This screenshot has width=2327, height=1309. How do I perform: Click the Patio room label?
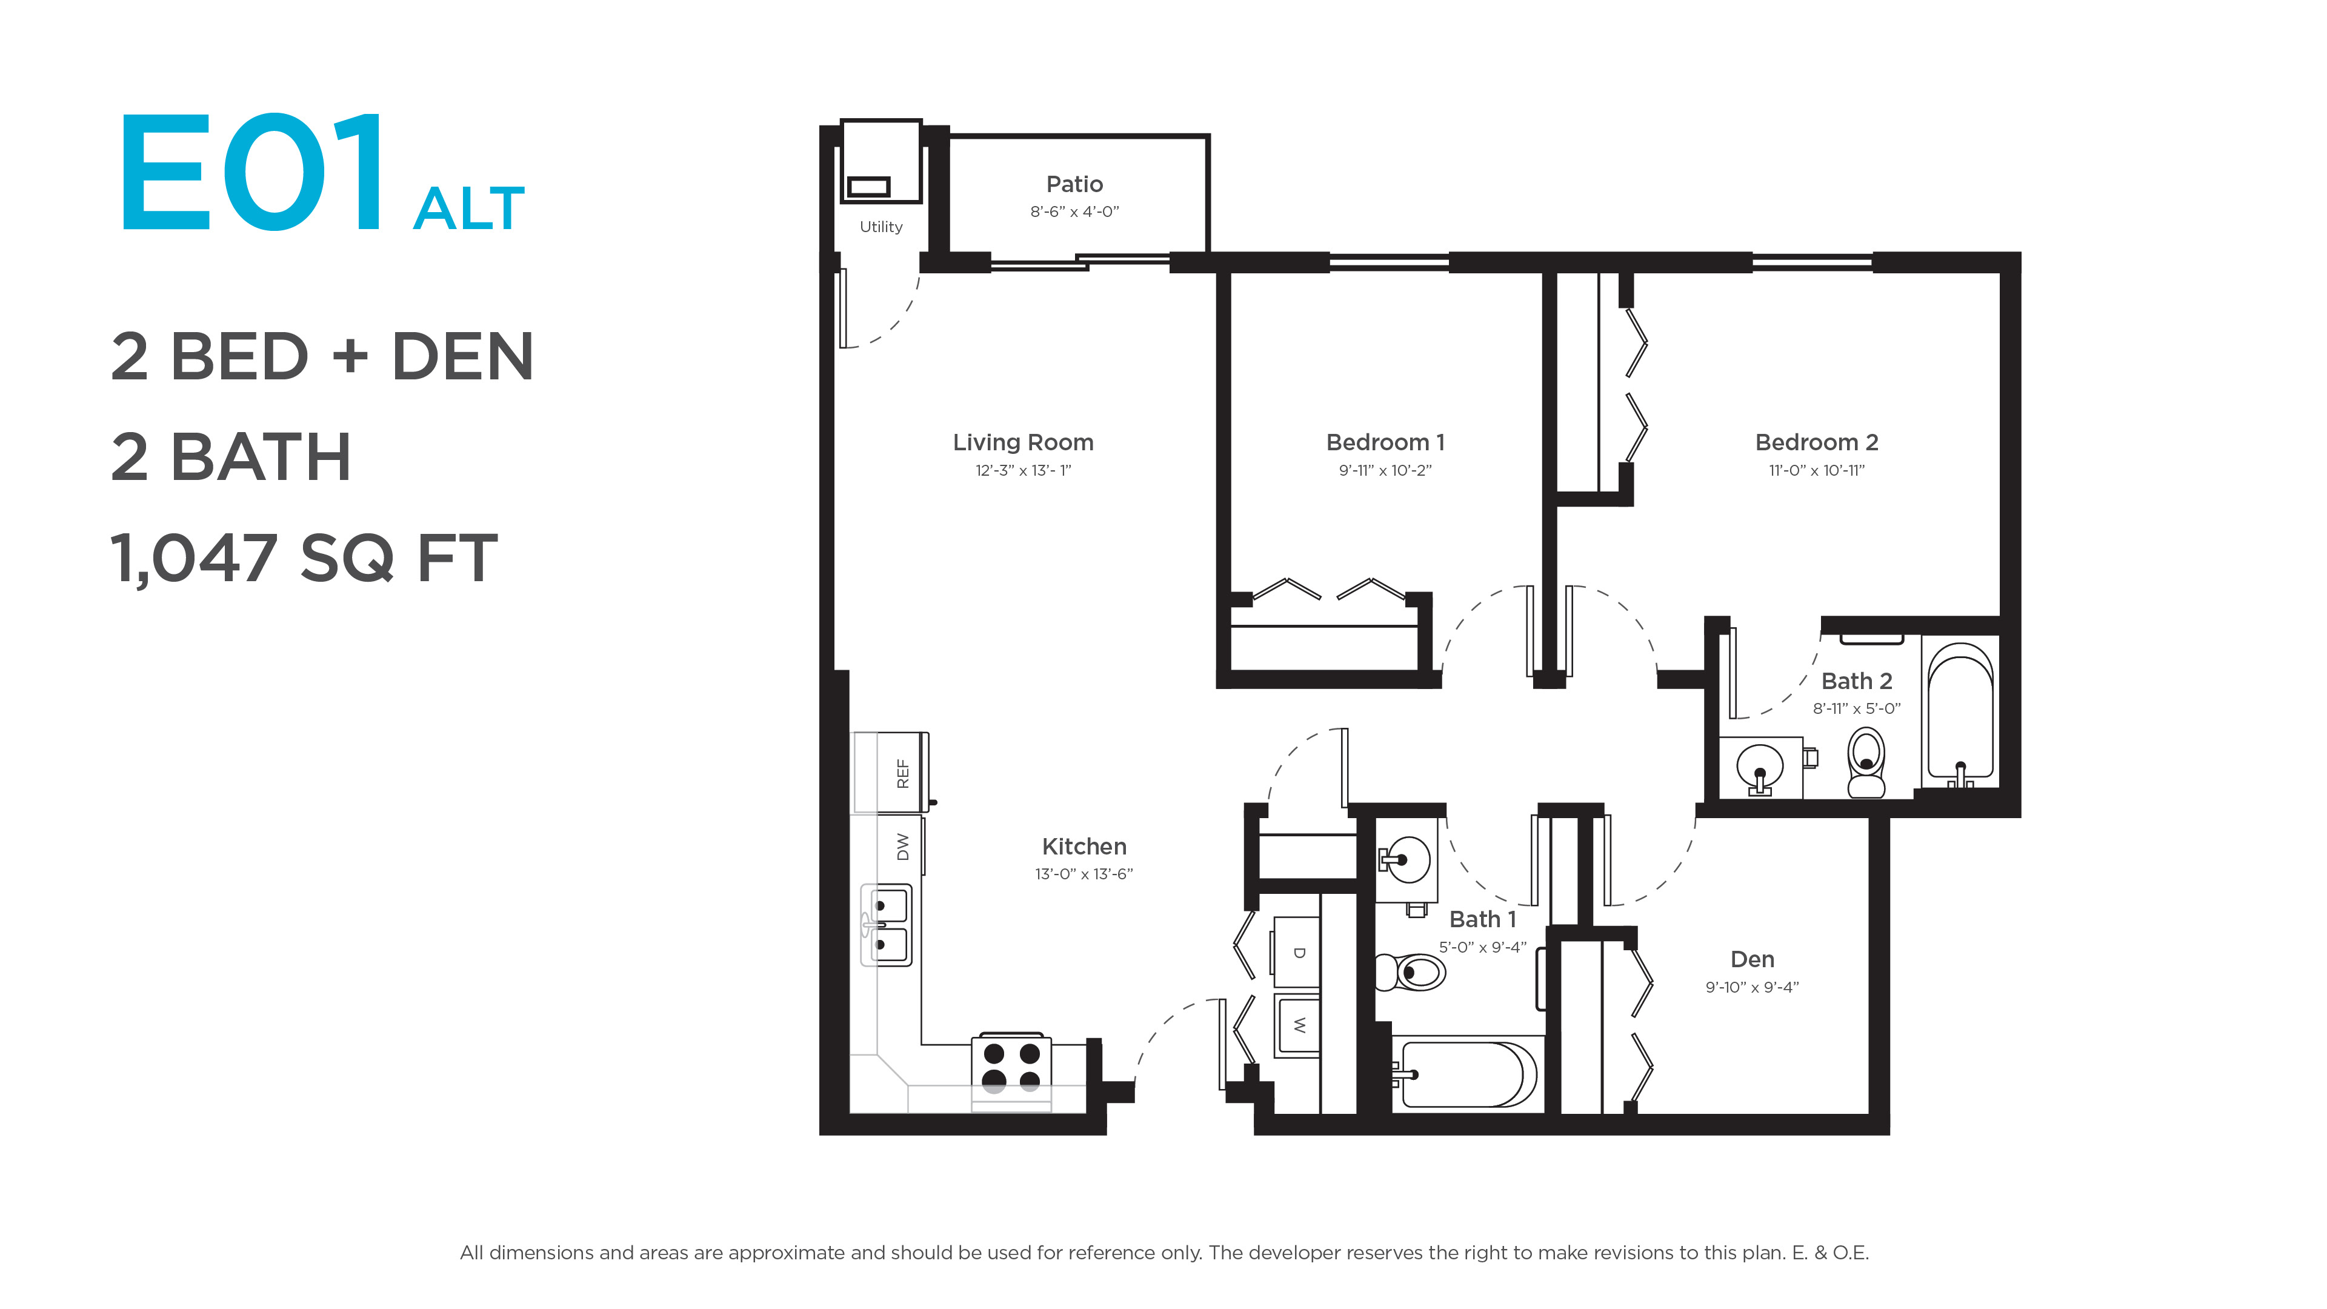click(x=1074, y=184)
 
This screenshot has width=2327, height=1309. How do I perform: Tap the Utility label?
click(x=881, y=227)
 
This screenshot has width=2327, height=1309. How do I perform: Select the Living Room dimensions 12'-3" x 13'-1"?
click(x=1022, y=470)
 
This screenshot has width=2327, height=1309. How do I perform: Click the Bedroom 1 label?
click(x=1385, y=442)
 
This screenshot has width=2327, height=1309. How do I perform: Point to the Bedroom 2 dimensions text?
click(x=1816, y=470)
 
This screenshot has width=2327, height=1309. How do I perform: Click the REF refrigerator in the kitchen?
click(x=891, y=773)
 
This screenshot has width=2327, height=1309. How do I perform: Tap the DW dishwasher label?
click(x=902, y=847)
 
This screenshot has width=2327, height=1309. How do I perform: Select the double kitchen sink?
click(x=886, y=925)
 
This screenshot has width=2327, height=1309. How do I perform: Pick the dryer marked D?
click(x=1296, y=952)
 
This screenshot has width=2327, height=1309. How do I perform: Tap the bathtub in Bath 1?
click(x=1463, y=1074)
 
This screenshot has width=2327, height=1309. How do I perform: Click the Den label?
click(x=1751, y=959)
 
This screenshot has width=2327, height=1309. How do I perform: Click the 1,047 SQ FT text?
click(x=304, y=558)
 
